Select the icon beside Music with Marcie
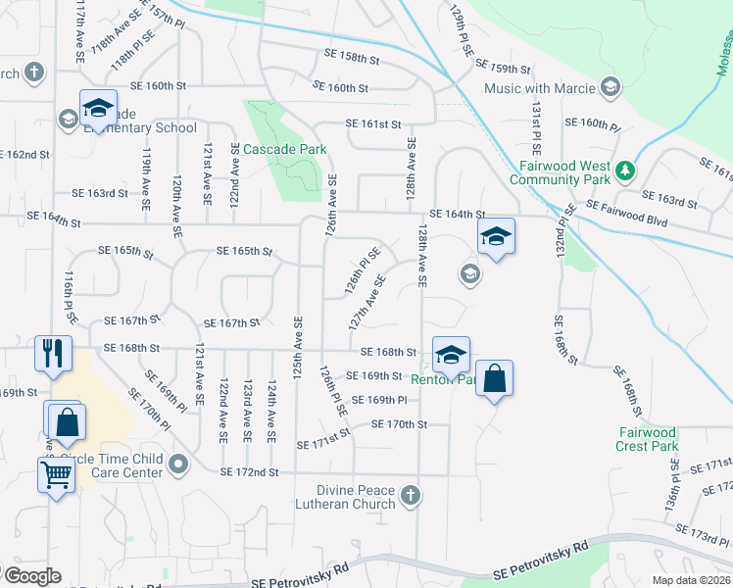point(610,88)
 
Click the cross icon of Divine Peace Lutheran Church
point(412,496)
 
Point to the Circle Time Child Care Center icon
point(177,463)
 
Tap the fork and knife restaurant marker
point(52,353)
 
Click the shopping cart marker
point(56,475)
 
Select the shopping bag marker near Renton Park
point(496,378)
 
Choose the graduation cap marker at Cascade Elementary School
point(98,108)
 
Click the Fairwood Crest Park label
point(648,439)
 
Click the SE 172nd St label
point(250,472)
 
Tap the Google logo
point(31,576)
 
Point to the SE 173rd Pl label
point(705,537)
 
